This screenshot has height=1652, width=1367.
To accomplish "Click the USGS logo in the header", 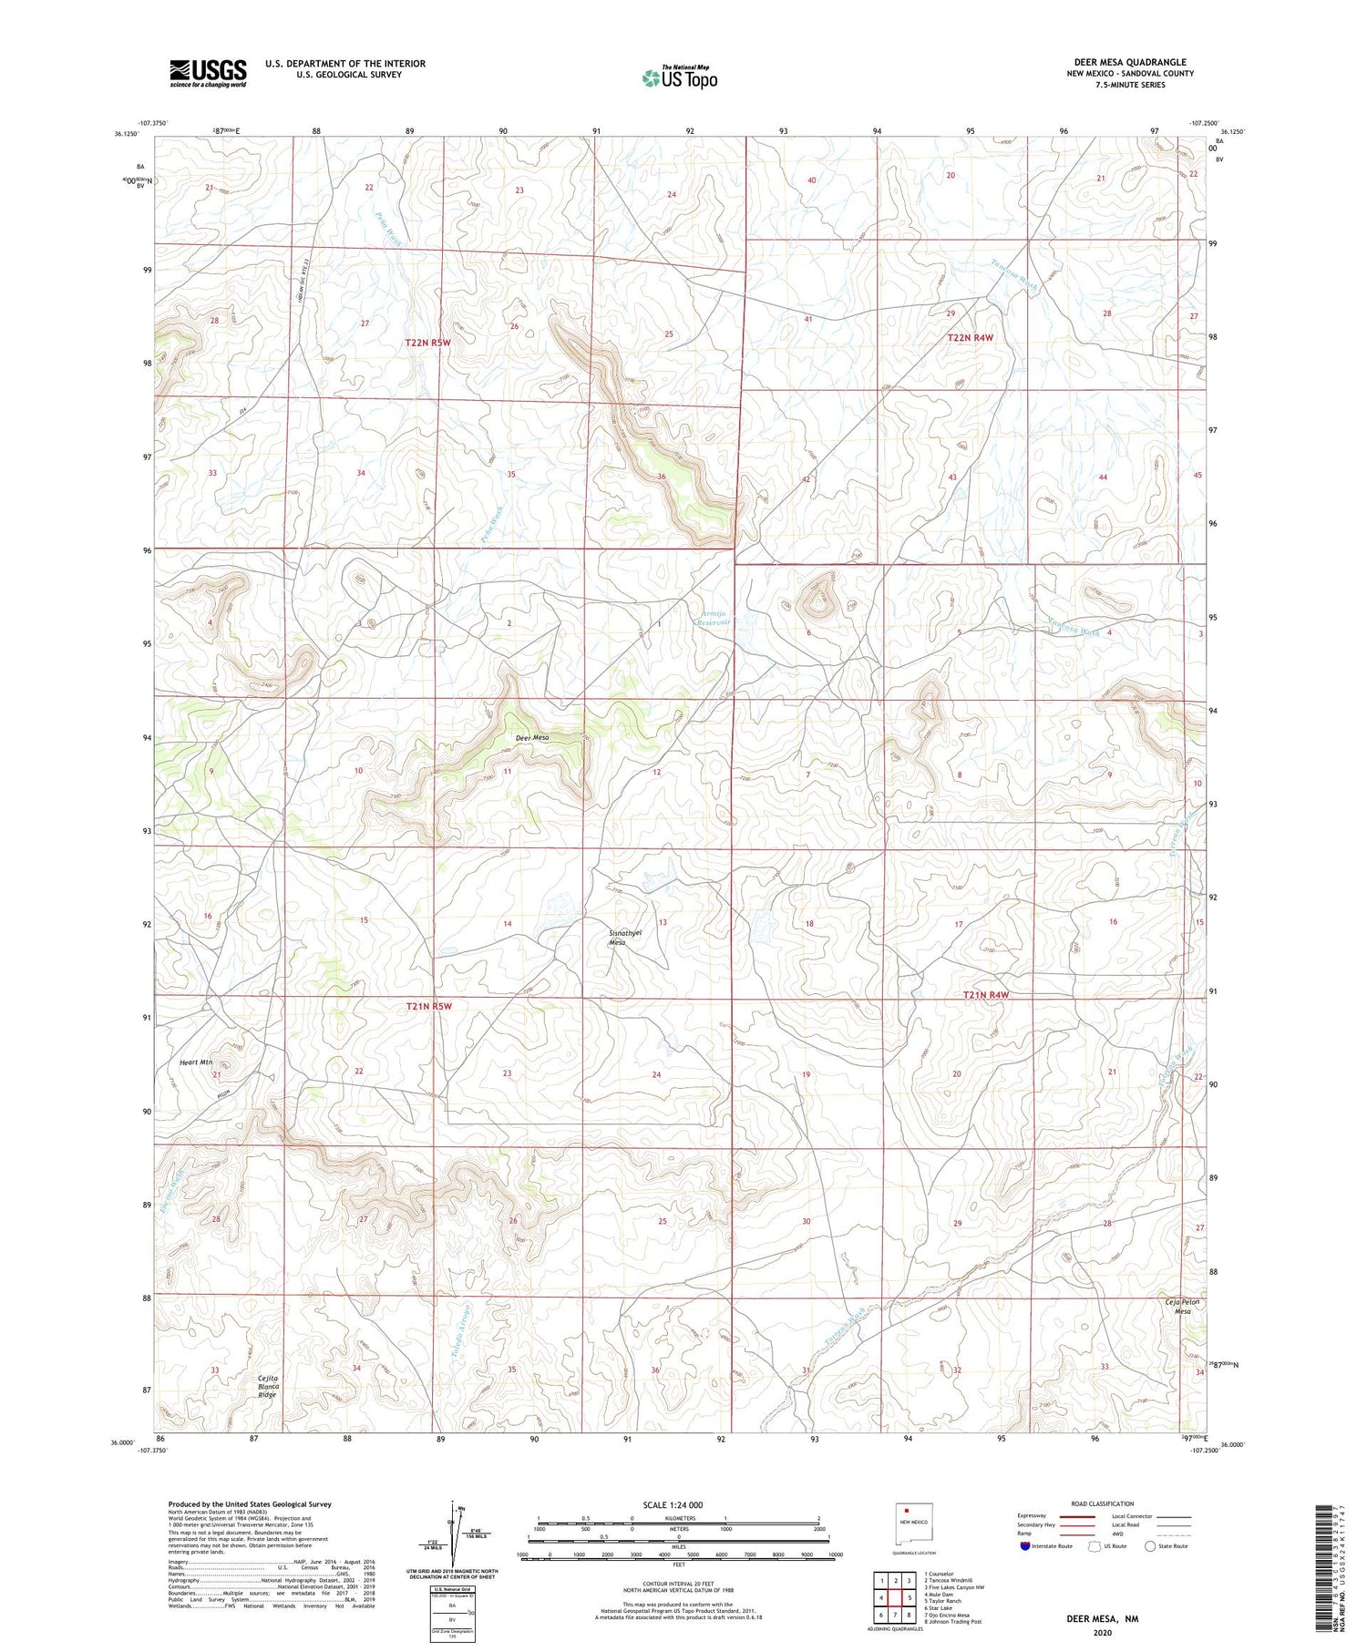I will coord(208,73).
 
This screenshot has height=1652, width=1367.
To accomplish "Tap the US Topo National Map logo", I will coord(679,77).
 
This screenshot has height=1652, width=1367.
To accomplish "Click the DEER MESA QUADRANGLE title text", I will coord(1129,62).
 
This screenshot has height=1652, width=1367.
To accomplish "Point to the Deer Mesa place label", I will coord(531,738).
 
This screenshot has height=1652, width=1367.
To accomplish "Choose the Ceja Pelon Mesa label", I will coord(1182,1307).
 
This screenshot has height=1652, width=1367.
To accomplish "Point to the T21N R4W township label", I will coord(986,995).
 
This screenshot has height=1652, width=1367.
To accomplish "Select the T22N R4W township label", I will coord(970,337).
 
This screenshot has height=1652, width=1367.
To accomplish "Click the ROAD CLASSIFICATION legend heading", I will coord(1103,1503).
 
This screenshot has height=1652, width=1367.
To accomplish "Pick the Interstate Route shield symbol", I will coord(1024,1546).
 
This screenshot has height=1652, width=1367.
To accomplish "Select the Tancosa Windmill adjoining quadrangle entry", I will coord(948,1580).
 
